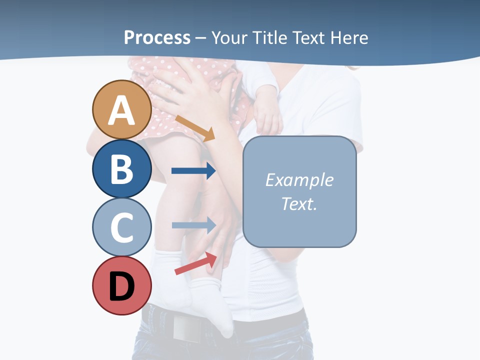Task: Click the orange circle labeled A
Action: coord(121,109)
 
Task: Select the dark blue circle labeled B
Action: coord(121,168)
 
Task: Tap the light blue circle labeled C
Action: coord(121,227)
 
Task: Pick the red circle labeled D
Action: coord(121,285)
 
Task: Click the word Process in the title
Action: coord(157,37)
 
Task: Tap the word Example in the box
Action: coord(299,180)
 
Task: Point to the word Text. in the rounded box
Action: coord(299,204)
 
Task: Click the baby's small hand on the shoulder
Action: coord(267,115)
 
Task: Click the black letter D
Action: coord(121,286)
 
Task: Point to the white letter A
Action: coord(121,110)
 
